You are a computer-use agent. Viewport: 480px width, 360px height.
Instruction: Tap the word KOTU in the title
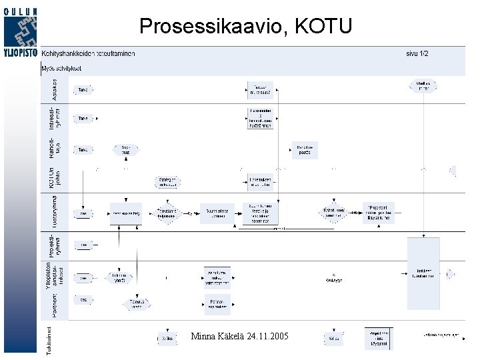point(323,26)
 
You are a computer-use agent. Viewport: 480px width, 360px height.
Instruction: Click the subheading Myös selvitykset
point(62,68)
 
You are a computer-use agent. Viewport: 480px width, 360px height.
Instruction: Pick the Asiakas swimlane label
point(55,89)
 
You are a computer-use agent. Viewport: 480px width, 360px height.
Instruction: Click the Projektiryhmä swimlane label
point(55,245)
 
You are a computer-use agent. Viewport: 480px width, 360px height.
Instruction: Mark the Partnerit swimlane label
point(55,303)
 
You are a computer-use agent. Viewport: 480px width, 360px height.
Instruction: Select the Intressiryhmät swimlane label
point(55,118)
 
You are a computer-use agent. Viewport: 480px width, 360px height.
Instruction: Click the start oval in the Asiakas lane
point(83,89)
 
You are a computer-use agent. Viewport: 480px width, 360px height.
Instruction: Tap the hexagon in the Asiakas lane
point(423,86)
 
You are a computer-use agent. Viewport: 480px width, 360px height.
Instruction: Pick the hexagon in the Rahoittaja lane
point(126,150)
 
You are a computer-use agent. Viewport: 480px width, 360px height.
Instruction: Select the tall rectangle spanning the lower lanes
point(423,273)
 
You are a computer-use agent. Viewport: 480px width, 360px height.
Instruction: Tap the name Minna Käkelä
point(212,336)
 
